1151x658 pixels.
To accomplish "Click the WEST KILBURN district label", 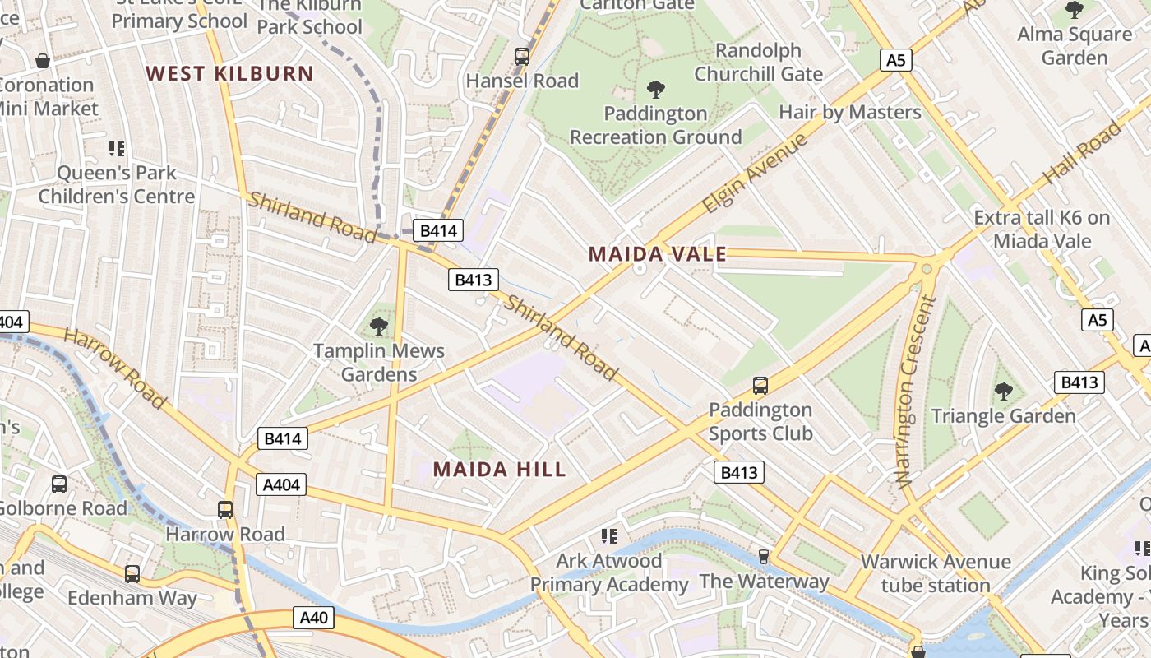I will (x=230, y=73).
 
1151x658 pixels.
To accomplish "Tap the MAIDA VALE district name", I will (x=657, y=254).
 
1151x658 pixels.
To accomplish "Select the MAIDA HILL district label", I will (x=499, y=470).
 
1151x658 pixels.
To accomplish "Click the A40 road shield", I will (x=313, y=618).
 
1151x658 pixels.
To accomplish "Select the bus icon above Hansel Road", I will (x=522, y=57).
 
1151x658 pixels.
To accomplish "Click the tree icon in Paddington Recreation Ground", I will (x=656, y=89).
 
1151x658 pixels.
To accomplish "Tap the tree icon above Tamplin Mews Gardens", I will (x=379, y=327).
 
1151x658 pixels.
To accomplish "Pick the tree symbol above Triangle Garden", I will (x=1003, y=392).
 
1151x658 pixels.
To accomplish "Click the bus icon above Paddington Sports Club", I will (x=760, y=385).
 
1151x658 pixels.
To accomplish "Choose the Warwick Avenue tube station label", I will (x=936, y=573).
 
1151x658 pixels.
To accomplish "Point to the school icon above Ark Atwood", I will (x=609, y=536).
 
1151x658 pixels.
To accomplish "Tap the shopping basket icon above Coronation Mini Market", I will (x=43, y=61).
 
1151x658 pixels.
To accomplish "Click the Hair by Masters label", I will (x=850, y=112).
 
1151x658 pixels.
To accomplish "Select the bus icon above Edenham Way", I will (x=132, y=574).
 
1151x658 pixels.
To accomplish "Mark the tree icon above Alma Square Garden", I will (x=1074, y=10).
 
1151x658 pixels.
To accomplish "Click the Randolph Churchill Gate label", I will (x=758, y=63).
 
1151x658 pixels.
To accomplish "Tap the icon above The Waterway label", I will (x=764, y=557).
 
